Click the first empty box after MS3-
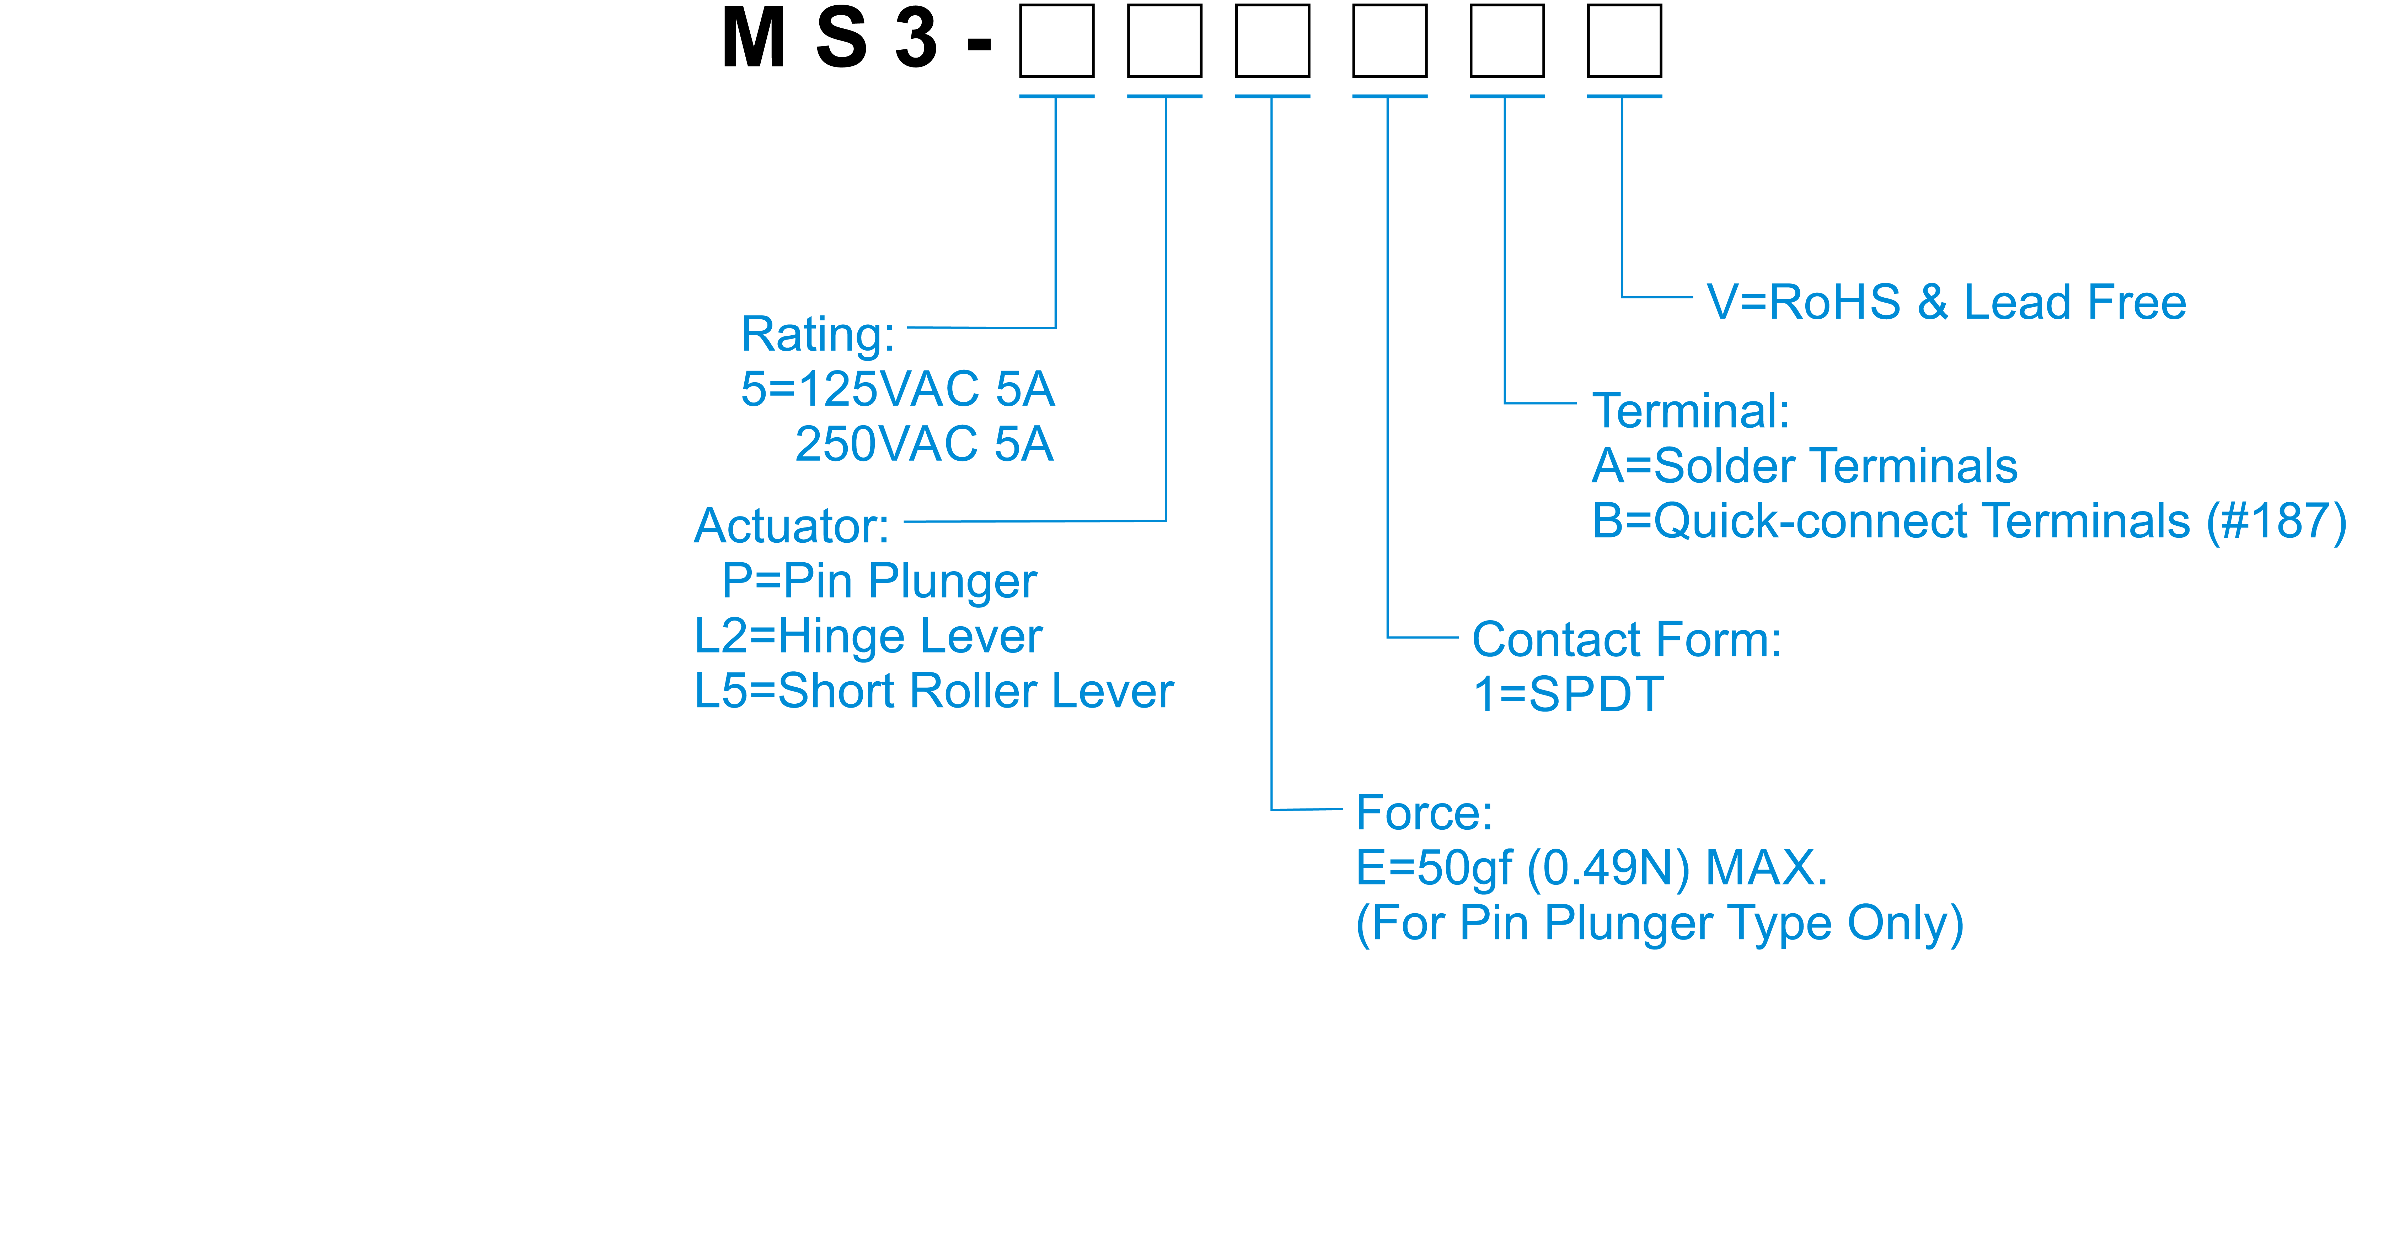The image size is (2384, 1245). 1056,41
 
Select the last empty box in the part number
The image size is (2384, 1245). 1624,41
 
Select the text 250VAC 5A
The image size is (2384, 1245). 923,444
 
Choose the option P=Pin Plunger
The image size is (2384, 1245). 879,581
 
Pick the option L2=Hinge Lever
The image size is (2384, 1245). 868,637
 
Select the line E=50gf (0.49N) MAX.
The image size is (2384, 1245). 1591,868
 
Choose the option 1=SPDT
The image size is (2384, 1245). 1568,695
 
